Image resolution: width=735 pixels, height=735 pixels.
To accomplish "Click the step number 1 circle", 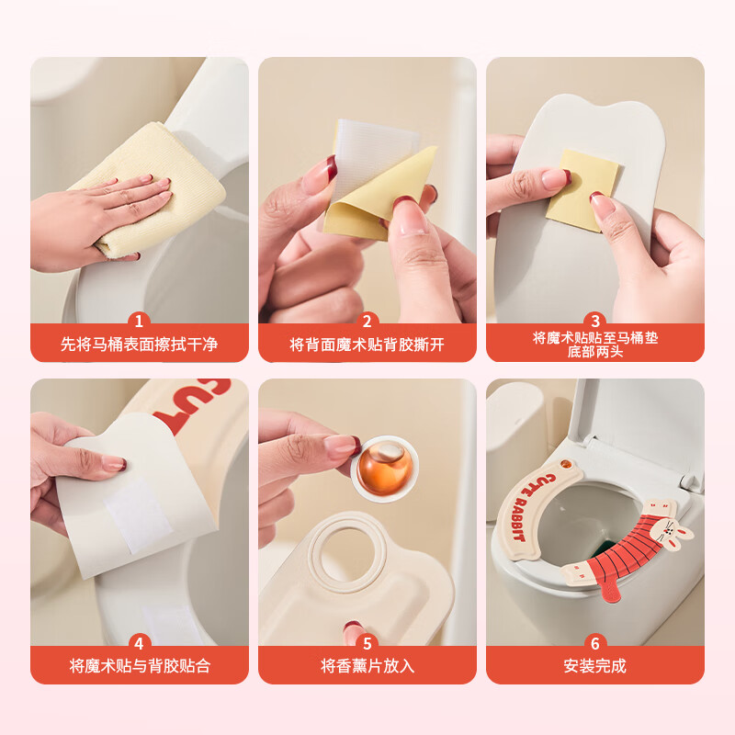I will pos(140,322).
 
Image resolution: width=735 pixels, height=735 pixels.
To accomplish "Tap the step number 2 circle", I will pos(367,322).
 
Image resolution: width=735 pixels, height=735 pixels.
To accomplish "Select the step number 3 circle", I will pos(595,321).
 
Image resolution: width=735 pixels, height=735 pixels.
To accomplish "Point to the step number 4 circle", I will pos(140,644).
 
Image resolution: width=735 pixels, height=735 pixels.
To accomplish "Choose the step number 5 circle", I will pos(367,644).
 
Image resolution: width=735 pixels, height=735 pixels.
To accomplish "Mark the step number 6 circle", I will pos(595,644).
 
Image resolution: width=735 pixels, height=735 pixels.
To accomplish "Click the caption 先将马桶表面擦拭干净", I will pos(140,345).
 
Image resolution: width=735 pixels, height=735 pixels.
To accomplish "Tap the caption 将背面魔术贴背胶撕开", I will pos(367,345).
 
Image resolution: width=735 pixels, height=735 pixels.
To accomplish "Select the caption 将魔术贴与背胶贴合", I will pos(140,666).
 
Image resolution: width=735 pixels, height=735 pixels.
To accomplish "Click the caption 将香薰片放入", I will pos(367,666).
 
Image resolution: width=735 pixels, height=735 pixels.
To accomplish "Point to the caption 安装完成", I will pos(595,666).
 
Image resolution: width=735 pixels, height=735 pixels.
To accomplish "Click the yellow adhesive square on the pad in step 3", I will pos(574,188).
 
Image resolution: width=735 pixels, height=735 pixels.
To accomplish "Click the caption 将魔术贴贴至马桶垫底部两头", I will pos(595,345).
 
